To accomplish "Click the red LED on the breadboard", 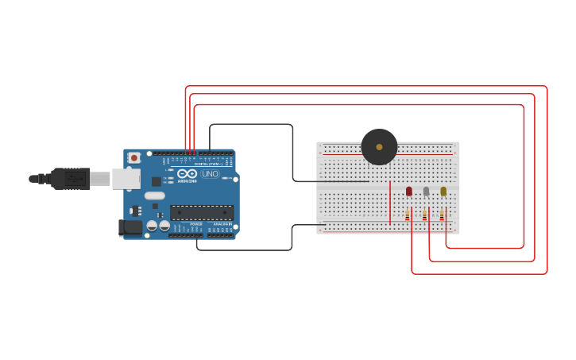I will [409, 191].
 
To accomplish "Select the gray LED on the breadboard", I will [426, 191].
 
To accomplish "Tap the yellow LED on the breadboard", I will [443, 191].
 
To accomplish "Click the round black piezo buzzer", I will [379, 147].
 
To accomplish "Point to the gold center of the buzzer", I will [379, 147].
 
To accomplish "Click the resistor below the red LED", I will [408, 215].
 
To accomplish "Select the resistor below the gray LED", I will [424, 215].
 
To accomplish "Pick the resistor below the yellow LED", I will [442, 215].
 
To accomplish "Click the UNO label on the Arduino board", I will [210, 174].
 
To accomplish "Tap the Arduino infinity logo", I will [187, 173].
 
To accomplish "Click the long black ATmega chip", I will [202, 212].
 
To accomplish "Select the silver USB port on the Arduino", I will [126, 179].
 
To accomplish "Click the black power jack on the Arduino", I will [130, 227].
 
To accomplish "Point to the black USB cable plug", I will [70, 179].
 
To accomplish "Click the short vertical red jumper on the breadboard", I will [390, 202].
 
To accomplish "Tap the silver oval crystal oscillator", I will [155, 195].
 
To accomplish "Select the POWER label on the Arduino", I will [195, 224].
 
